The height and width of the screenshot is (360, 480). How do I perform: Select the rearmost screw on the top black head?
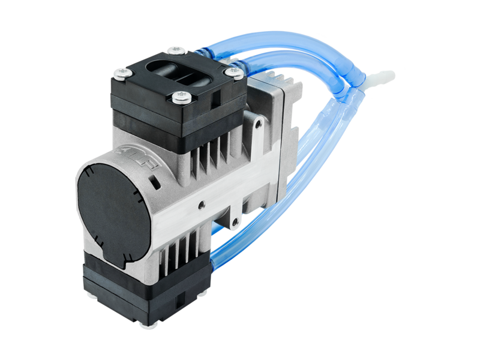pos(175,50)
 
